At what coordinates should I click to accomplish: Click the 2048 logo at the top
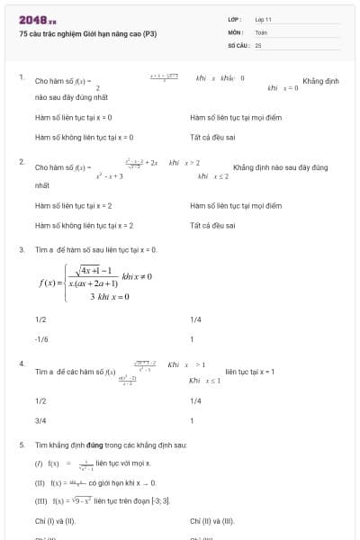[37, 20]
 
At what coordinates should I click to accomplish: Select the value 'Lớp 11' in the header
[263, 19]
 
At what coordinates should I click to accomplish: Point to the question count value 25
[258, 44]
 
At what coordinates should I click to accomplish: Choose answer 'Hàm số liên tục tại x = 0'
[73, 117]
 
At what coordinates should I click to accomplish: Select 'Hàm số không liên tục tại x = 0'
[84, 137]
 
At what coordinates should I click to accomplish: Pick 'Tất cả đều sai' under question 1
[212, 137]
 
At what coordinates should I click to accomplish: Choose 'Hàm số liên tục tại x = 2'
[73, 205]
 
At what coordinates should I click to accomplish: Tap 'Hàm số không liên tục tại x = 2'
[84, 225]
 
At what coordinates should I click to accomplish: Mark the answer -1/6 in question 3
[40, 339]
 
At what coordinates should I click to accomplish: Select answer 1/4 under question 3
[196, 319]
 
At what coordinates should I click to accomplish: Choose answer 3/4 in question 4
[40, 419]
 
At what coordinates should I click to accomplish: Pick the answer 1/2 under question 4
[40, 400]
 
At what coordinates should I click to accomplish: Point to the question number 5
[22, 445]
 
